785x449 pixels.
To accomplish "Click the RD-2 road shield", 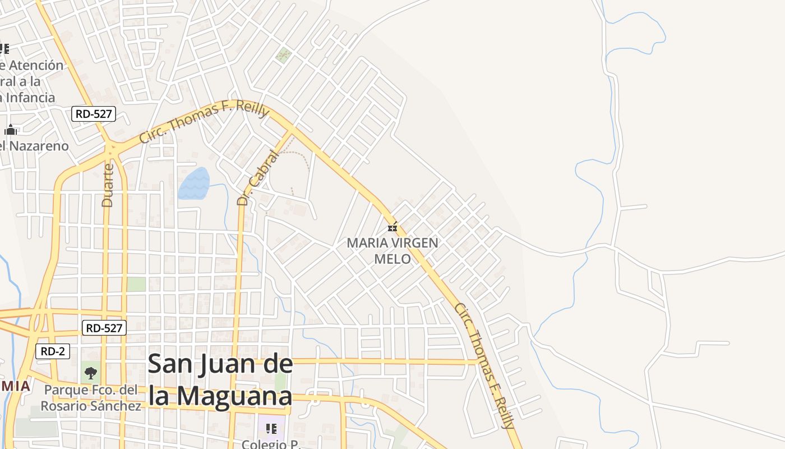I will tap(53, 352).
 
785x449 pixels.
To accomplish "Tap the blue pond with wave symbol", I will tap(194, 184).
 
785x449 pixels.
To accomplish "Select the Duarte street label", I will tap(108, 185).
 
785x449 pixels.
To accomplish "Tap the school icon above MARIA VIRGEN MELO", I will tap(392, 227).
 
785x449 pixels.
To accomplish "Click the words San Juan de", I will tap(220, 365).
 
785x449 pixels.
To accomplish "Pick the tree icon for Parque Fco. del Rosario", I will tap(90, 372).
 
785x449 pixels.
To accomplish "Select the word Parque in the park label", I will tap(66, 390).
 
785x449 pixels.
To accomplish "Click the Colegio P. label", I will tap(271, 443).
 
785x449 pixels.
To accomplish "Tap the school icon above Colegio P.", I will tap(271, 429).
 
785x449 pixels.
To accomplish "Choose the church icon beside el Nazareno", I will tap(10, 130).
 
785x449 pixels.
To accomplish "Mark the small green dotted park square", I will tap(284, 55).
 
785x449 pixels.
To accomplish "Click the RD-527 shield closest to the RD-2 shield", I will tap(104, 328).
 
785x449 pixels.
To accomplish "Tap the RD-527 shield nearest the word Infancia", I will tap(94, 114).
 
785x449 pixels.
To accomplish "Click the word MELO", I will tap(392, 259).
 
